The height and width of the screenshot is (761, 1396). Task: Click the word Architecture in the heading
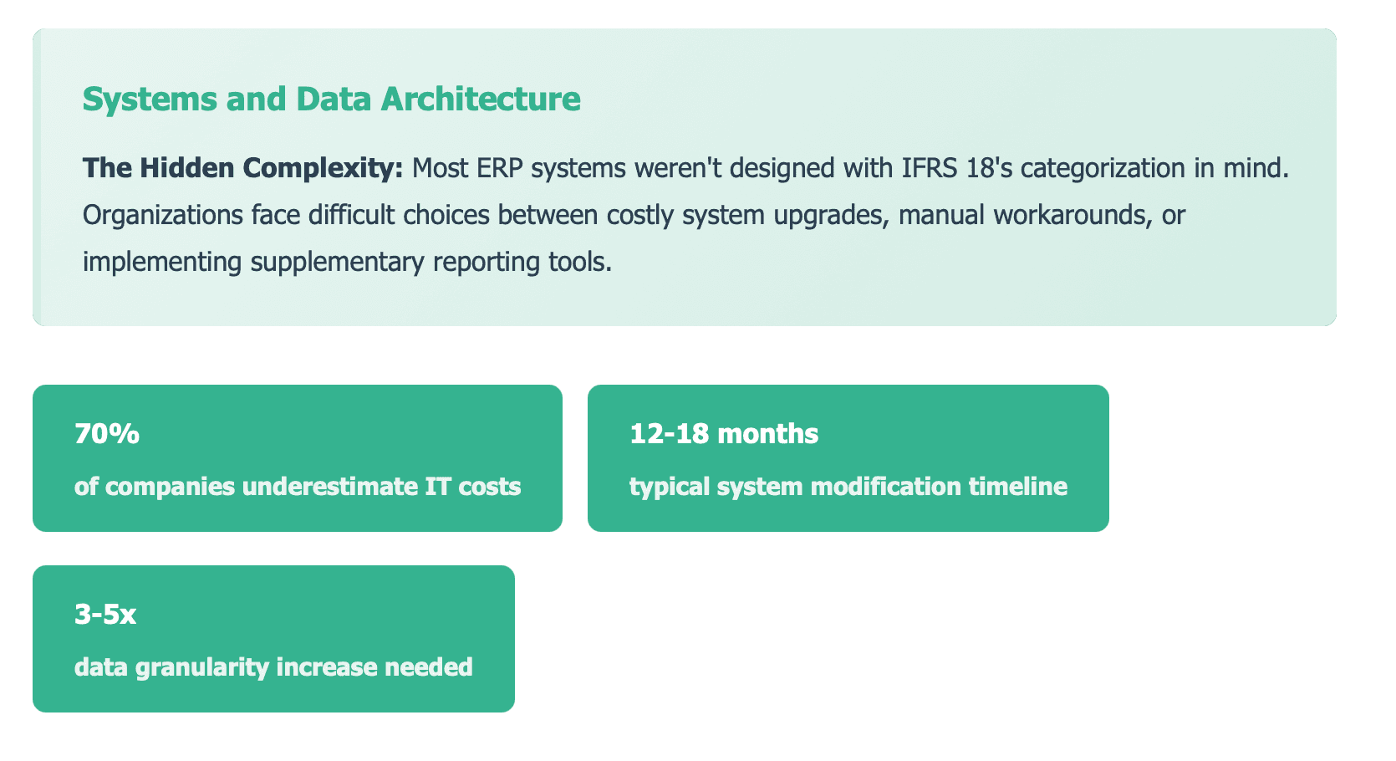(x=481, y=100)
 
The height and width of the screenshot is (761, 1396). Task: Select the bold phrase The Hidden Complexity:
(x=243, y=169)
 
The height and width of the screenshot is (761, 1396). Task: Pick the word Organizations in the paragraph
(x=163, y=216)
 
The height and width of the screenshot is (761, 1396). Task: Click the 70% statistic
(x=106, y=434)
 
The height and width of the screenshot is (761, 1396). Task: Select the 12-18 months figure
(x=724, y=434)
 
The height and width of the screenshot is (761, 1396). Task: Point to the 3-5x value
(x=105, y=615)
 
